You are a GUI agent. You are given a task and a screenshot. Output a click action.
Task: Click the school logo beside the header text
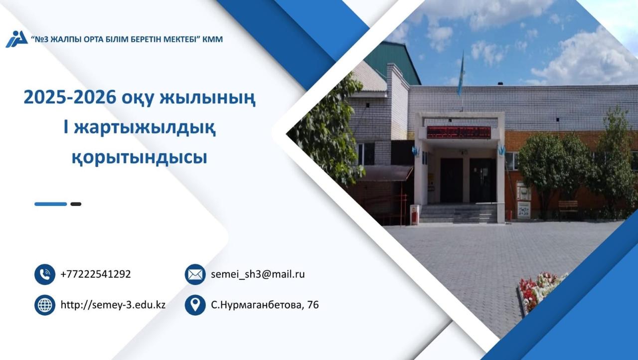16,39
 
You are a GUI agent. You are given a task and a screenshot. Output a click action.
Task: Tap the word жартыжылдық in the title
145,128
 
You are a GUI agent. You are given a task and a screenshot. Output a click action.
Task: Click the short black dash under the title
76,204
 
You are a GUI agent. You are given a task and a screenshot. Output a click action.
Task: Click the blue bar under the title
50,204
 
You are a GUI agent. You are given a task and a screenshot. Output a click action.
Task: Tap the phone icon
45,274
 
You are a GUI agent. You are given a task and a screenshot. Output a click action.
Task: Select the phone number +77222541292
96,274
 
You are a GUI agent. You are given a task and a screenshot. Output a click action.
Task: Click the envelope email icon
195,274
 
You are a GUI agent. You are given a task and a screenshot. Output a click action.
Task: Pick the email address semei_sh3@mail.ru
258,274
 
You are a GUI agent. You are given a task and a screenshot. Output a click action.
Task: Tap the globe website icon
45,305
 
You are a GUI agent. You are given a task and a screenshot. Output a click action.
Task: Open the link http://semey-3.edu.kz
113,305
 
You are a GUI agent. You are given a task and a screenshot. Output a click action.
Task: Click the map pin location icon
195,305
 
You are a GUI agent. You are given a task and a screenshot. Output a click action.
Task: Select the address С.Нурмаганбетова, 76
265,305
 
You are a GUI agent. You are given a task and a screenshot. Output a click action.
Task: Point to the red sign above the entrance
459,133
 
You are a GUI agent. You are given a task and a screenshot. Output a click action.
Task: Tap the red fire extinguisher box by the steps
414,215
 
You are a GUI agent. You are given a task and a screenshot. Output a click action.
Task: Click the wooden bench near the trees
568,206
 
